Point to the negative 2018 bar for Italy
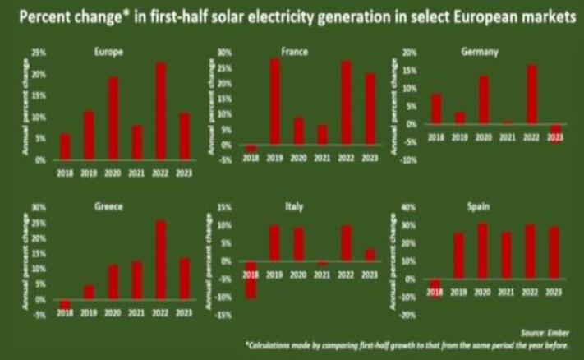click(x=251, y=280)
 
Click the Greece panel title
click(x=110, y=206)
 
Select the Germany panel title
click(x=484, y=53)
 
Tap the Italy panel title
click(x=293, y=206)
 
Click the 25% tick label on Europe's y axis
click(x=39, y=52)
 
